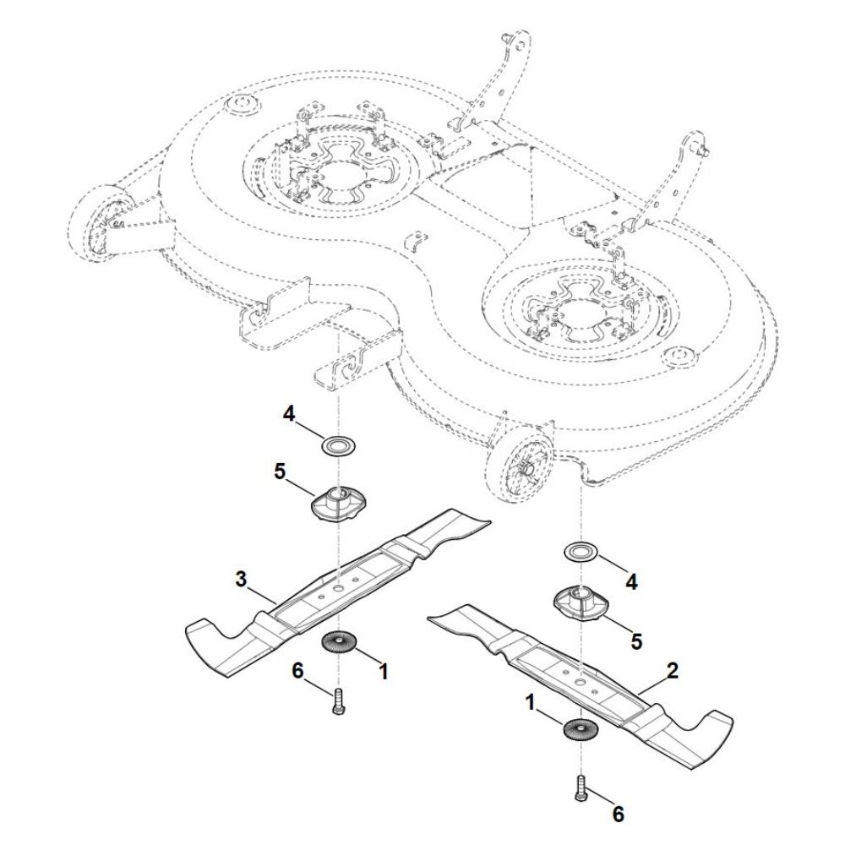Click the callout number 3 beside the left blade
(241, 580)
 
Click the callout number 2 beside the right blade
(673, 671)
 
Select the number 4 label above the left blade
(289, 415)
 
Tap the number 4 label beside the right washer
(631, 582)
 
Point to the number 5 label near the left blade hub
(280, 472)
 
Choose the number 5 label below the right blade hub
(637, 641)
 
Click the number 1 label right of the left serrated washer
(383, 672)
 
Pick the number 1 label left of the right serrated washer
(531, 703)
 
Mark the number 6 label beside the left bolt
(298, 671)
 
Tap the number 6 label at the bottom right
(619, 815)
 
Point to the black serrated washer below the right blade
(581, 729)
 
